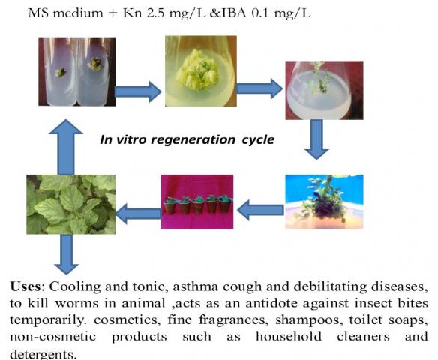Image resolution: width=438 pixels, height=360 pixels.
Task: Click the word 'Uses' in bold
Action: pyautogui.click(x=25, y=286)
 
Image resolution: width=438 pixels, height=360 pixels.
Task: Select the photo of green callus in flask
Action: pyautogui.click(x=201, y=71)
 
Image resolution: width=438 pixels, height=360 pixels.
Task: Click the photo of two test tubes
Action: pyautogui.click(x=76, y=72)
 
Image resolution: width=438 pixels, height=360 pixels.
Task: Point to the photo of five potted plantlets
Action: pyautogui.click(x=197, y=202)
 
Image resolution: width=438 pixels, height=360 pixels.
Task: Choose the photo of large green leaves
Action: pyautogui.click(x=71, y=205)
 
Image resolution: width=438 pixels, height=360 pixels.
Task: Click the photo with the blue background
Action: pyautogui.click(x=324, y=202)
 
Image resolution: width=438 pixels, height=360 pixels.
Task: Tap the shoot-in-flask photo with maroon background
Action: pyautogui.click(x=324, y=90)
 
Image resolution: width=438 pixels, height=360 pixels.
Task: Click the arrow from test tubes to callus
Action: pyautogui.click(x=138, y=91)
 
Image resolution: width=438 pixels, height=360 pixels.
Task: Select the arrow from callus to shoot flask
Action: pyautogui.click(x=259, y=88)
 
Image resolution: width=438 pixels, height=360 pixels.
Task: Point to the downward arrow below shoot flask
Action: pyautogui.click(x=316, y=139)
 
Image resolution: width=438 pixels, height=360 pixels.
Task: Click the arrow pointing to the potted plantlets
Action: pyautogui.click(x=260, y=210)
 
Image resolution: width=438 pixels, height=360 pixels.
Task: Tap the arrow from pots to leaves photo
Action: pyautogui.click(x=138, y=214)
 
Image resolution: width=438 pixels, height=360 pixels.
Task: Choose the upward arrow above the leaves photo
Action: pyautogui.click(x=66, y=147)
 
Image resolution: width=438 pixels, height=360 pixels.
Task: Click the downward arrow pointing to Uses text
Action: pyautogui.click(x=66, y=254)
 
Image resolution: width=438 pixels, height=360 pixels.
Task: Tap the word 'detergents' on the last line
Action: pyautogui.click(x=43, y=354)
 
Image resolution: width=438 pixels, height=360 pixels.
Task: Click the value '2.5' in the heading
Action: pyautogui.click(x=155, y=13)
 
